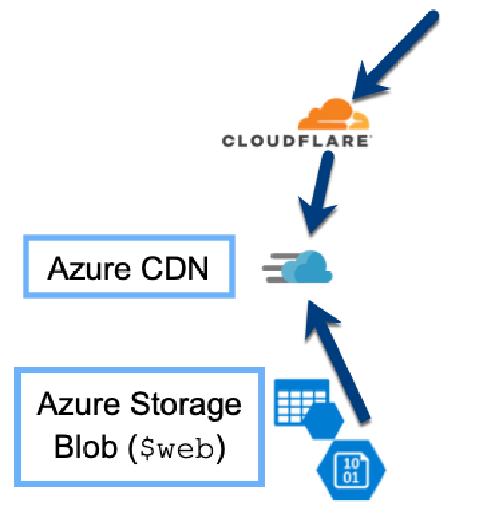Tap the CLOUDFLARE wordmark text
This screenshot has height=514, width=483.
296,141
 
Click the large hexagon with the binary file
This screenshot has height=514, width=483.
352,468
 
